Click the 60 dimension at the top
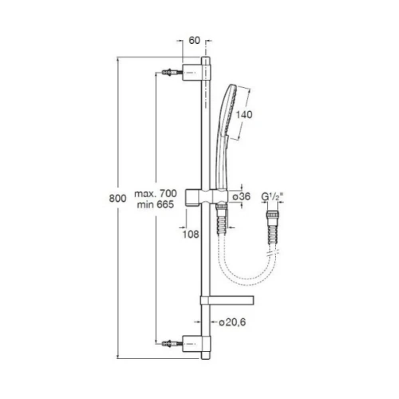coord(194,41)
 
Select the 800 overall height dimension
coord(117,199)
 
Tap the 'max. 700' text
coord(156,193)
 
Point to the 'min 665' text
coord(156,204)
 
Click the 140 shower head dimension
coord(244,114)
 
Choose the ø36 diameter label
coord(242,196)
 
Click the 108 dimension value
coord(191,235)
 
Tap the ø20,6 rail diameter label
coord(232,322)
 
